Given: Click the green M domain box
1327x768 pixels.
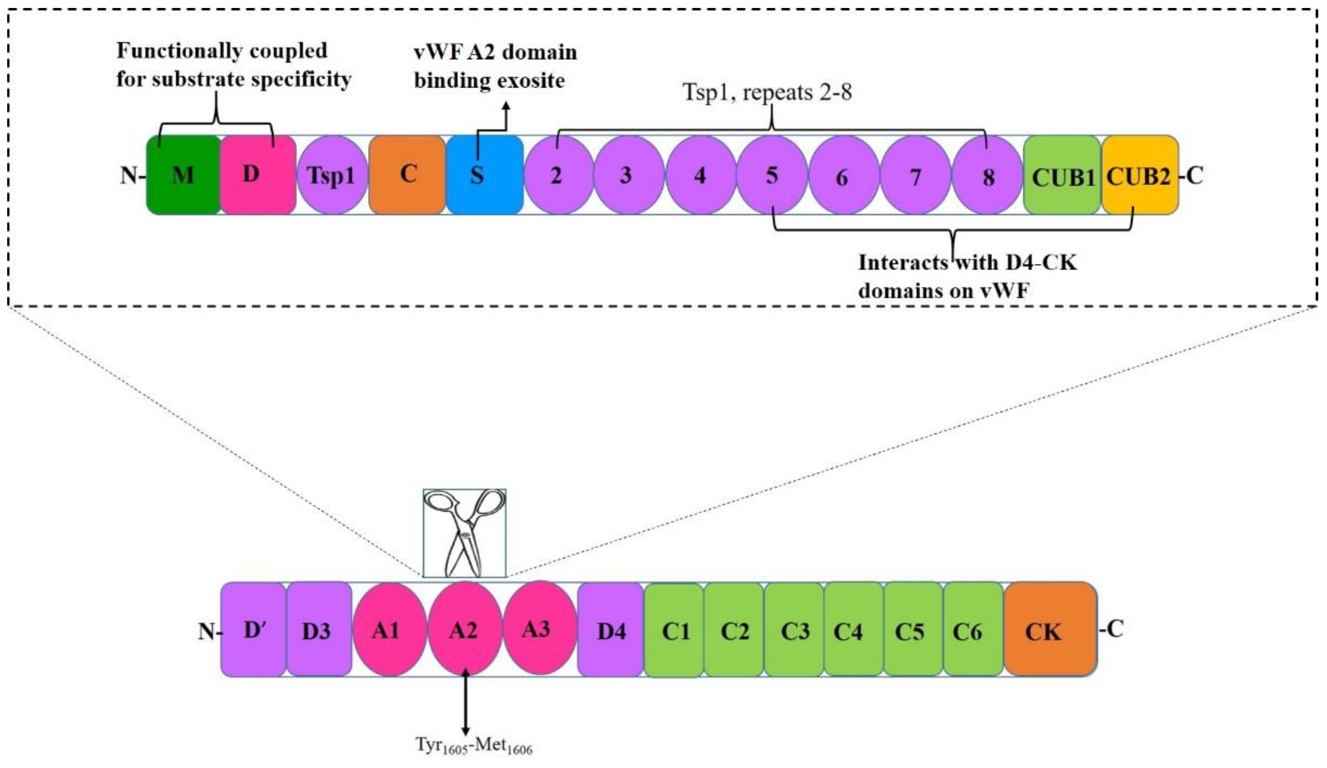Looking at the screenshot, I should coord(183,175).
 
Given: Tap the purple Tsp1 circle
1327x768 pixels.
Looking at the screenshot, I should coord(332,175).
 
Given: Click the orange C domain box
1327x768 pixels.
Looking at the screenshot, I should coord(407,175).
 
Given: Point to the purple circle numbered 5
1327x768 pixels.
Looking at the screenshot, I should coord(772,175).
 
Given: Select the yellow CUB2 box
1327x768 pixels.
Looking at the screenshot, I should coord(1139,175).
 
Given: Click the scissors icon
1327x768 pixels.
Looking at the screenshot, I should coord(465,533).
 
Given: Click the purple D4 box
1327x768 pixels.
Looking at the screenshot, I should coord(610,630).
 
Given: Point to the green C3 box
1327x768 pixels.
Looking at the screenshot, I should coord(793,630).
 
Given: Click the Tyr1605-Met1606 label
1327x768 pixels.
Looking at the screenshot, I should coord(474,745).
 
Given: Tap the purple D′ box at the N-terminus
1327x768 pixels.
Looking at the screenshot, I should coord(253,630).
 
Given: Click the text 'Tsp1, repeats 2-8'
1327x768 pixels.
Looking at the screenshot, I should coord(767,93).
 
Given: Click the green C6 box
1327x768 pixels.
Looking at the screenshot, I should coord(973,630).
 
